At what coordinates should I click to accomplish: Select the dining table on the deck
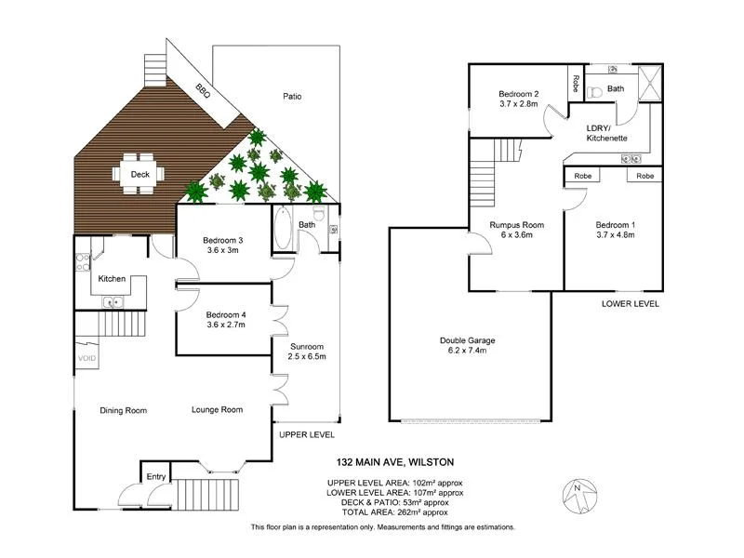click(140, 174)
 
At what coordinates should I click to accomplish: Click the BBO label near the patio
click(202, 90)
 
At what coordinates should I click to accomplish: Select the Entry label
click(156, 476)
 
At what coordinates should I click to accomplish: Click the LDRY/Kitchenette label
click(606, 133)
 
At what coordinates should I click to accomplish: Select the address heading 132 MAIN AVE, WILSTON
click(395, 461)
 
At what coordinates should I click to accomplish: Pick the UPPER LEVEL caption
click(307, 434)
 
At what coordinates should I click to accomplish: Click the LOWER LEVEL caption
click(631, 304)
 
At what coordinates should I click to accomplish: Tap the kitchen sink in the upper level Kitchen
click(113, 300)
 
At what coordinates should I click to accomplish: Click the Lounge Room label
click(217, 409)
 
